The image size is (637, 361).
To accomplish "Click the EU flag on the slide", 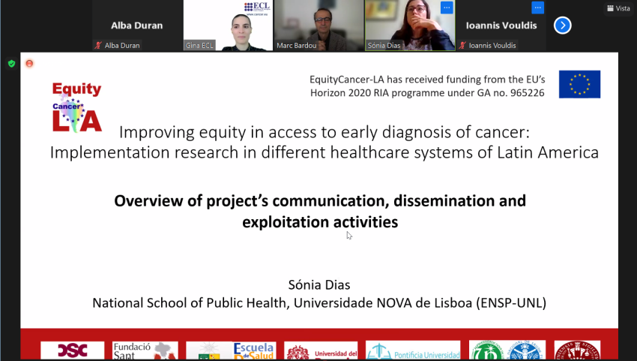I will (579, 84).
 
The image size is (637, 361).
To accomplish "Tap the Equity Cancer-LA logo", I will (76, 107).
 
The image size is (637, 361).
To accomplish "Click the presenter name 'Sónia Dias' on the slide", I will (319, 285).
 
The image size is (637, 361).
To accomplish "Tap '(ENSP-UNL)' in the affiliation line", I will (511, 303).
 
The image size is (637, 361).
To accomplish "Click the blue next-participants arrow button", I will (562, 26).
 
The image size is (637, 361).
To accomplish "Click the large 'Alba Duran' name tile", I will (137, 25).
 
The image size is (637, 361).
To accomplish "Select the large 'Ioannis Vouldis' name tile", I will (500, 25).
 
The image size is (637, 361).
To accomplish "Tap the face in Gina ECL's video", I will (228, 27).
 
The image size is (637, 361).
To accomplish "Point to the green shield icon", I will (11, 64).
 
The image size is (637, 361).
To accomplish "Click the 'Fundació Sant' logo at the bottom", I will (144, 350).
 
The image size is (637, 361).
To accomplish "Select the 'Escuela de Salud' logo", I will (254, 350).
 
